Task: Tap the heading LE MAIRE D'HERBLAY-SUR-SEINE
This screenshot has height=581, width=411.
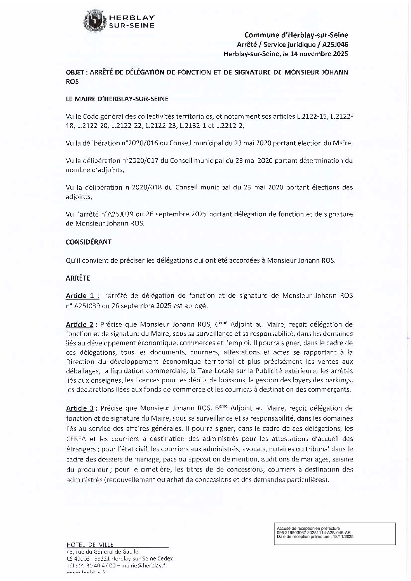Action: click(117, 99)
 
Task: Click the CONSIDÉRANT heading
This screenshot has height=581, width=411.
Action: click(89, 242)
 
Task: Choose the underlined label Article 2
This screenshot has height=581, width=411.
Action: click(80, 324)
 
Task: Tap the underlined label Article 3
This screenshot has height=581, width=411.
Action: click(80, 408)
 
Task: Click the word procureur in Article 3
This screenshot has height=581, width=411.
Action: click(89, 469)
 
